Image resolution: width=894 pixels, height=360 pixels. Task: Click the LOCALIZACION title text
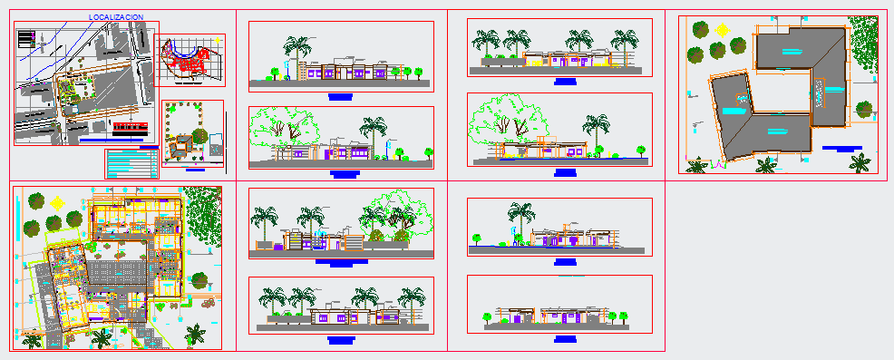(117, 18)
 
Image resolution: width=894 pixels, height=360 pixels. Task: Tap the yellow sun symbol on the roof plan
(723, 29)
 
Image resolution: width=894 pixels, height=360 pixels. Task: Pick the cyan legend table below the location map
(132, 164)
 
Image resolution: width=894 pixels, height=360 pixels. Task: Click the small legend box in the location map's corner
(26, 39)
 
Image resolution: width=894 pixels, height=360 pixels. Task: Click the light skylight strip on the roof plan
(823, 92)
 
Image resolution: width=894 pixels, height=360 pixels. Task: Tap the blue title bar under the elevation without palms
(565, 337)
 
